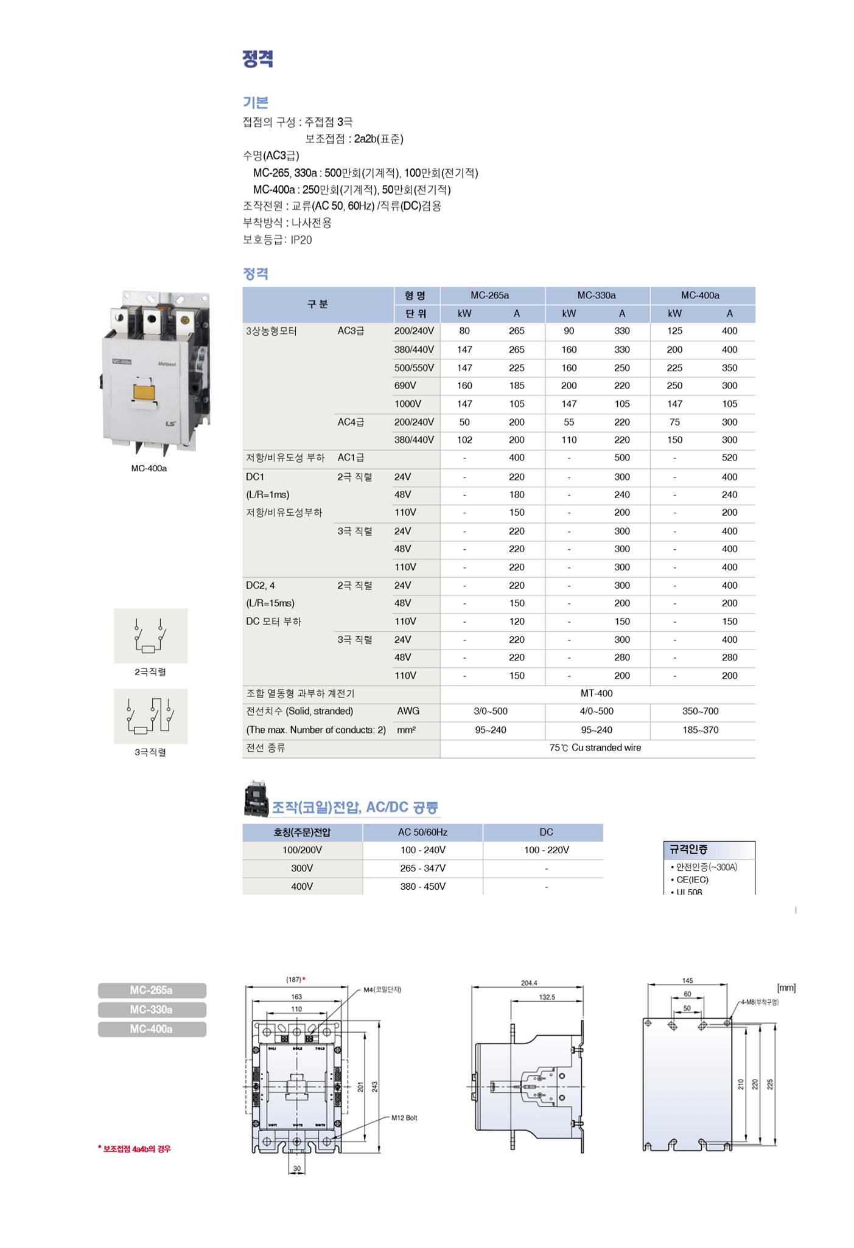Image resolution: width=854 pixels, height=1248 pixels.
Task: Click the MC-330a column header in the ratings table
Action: point(597,296)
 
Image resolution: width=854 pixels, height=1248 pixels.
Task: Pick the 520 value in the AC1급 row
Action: point(729,458)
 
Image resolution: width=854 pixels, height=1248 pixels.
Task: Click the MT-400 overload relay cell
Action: point(597,693)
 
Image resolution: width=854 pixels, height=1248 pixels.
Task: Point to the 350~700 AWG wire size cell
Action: point(700,712)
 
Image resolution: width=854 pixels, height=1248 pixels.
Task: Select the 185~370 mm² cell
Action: point(700,730)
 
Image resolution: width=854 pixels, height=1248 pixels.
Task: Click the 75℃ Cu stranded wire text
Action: point(595,748)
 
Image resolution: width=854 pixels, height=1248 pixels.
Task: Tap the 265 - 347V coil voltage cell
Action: point(422,868)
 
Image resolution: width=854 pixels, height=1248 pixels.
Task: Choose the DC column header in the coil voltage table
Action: point(546,833)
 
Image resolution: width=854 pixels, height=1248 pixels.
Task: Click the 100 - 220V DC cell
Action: point(546,850)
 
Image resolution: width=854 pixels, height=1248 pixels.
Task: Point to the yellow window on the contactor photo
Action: point(144,391)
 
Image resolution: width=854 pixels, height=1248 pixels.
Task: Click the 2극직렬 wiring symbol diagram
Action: point(150,636)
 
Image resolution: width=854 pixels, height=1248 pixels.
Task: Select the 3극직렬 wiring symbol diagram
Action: point(150,716)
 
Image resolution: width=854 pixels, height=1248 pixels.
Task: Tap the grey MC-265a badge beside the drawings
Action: point(152,991)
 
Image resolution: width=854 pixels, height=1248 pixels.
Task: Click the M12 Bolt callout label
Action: point(404,1118)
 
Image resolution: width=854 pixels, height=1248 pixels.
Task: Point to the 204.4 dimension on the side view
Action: point(529,983)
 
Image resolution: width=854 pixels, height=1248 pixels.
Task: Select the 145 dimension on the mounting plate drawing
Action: point(687,980)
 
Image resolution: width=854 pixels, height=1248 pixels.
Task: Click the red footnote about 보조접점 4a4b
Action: point(135,1149)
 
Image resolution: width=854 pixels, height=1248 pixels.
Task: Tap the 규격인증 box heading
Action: point(688,850)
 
